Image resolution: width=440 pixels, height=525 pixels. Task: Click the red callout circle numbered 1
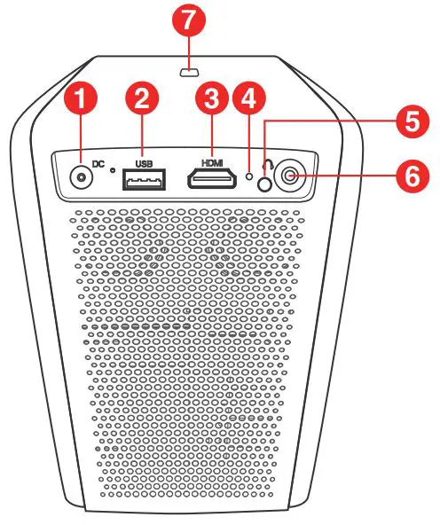[80, 98]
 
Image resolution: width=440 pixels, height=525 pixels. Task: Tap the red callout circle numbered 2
[142, 98]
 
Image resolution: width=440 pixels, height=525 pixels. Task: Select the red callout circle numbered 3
[212, 98]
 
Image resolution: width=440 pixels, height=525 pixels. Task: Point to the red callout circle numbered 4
[248, 98]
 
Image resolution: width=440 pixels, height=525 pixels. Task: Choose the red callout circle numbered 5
[412, 121]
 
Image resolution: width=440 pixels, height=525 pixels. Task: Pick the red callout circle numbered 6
[412, 176]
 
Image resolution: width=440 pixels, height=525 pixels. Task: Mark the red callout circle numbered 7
[189, 20]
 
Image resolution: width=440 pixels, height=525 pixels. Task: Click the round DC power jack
[81, 176]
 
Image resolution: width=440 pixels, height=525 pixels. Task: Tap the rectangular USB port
[144, 179]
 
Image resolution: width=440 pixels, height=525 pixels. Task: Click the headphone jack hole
[264, 184]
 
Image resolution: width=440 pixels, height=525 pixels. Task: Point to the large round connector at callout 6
[290, 176]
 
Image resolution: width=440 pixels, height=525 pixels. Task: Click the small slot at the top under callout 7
[190, 72]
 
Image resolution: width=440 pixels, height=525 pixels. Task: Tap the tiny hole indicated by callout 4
[248, 176]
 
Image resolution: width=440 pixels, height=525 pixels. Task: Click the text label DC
[98, 164]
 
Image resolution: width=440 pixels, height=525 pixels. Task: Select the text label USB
[144, 164]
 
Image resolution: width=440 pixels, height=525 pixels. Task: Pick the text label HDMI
[212, 163]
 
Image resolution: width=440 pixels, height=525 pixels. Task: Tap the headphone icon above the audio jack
[269, 164]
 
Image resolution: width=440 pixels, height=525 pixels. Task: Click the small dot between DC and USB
[113, 170]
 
